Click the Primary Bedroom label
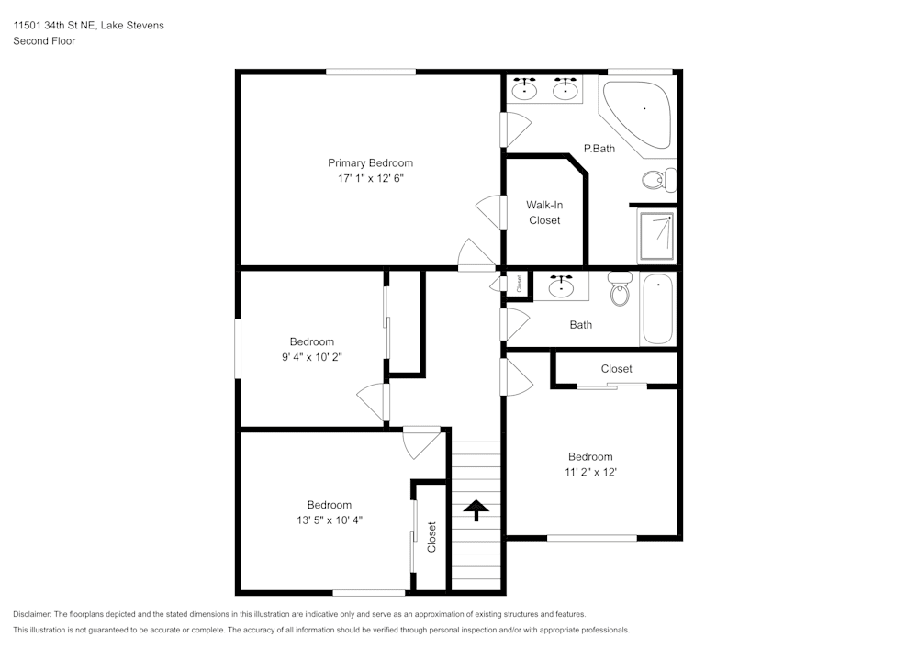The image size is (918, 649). coord(370,163)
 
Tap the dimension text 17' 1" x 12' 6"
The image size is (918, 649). coord(370,179)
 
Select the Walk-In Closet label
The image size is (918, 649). coord(543,212)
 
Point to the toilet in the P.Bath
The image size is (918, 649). coord(657,179)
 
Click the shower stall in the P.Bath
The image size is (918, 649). coord(656,237)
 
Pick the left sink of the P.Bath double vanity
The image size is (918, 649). coord(525,89)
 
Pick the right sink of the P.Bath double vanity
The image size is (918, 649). coord(565,89)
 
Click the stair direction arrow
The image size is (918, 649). coord(476,509)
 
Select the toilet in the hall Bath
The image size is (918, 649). coord(621,288)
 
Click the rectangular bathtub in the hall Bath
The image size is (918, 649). coord(657,309)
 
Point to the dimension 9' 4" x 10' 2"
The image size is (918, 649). coord(312,357)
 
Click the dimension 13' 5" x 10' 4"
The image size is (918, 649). coord(329,520)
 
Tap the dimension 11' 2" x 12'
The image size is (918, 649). coord(590,472)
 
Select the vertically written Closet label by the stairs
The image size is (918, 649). coord(431,537)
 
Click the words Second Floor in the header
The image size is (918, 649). coord(44,41)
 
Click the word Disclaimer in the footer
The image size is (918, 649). coord(32,614)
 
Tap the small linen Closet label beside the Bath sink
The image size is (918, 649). coord(519,285)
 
